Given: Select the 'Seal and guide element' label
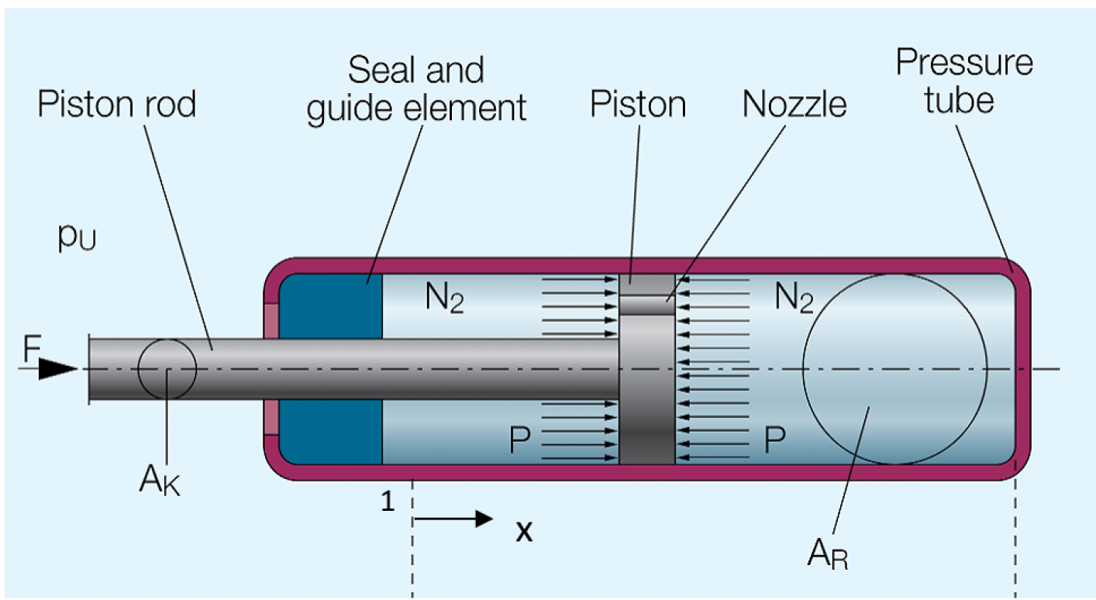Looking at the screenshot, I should click(416, 89).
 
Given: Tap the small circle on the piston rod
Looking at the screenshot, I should click(167, 369).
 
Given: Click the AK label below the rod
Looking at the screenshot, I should click(160, 480).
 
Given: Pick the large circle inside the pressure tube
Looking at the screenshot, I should click(894, 369).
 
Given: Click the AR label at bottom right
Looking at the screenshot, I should click(827, 553).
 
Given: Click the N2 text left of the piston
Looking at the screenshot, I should click(443, 298).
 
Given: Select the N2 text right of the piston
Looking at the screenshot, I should click(793, 298).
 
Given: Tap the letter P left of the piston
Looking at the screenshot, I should click(520, 440).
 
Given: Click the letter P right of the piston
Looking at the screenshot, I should click(775, 440).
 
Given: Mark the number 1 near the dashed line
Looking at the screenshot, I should click(388, 502).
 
